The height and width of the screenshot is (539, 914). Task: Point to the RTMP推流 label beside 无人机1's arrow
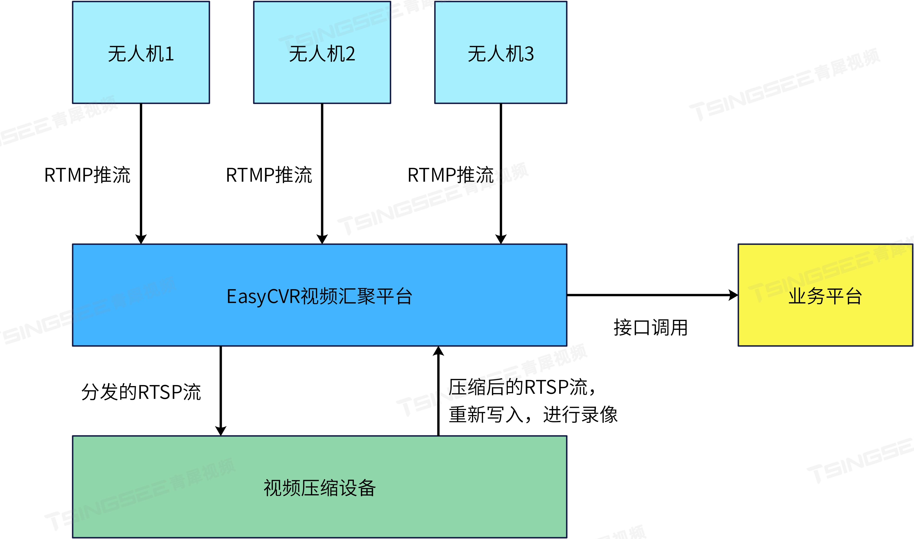[87, 175]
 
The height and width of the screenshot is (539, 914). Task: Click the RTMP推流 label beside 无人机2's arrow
[269, 175]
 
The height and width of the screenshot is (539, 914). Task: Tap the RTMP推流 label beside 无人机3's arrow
[450, 175]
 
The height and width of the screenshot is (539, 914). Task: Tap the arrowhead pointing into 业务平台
[733, 295]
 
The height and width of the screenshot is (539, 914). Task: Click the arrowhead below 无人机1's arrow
[141, 239]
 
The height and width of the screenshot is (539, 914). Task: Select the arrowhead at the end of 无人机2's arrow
[322, 239]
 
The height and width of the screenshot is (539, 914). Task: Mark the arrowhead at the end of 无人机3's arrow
[501, 239]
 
